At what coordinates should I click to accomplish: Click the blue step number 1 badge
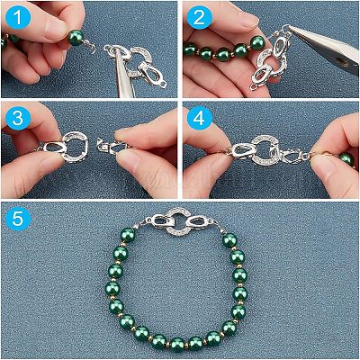[18, 18]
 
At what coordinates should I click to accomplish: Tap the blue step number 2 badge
[199, 17]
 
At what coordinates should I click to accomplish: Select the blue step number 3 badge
[18, 118]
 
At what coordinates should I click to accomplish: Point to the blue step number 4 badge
[199, 119]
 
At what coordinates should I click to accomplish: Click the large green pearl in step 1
[76, 38]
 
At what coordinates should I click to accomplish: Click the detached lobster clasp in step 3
[113, 146]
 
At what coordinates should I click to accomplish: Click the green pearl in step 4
[347, 158]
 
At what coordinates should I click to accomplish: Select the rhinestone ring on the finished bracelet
[180, 222]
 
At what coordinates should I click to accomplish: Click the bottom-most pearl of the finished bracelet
[177, 344]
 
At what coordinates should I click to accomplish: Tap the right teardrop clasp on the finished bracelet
[200, 222]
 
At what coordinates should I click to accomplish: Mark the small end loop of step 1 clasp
[163, 85]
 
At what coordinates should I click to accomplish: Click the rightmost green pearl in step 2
[257, 43]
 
